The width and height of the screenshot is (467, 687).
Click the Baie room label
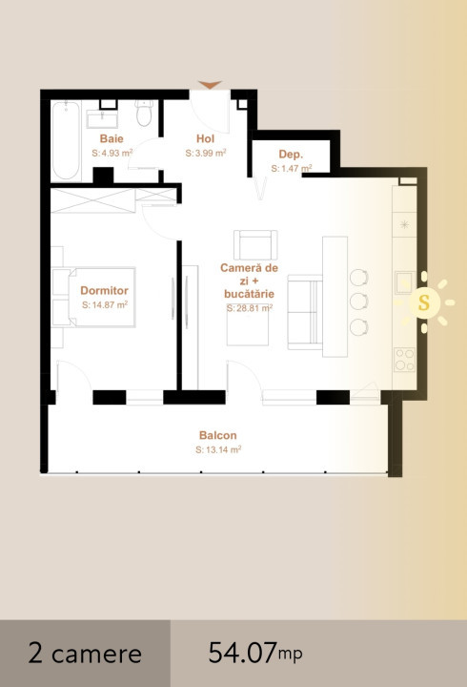tap(112, 138)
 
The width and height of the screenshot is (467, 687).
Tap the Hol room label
tap(206, 138)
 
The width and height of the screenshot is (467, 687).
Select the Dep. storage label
tap(291, 154)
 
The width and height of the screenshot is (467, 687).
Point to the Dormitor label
tap(105, 290)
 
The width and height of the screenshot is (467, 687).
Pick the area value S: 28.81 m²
tap(250, 308)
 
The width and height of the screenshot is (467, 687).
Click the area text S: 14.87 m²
tap(105, 304)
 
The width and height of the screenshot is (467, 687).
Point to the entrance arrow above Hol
tap(210, 86)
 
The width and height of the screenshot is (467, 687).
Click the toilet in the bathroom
tap(144, 114)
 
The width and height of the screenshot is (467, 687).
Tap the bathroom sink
tap(102, 117)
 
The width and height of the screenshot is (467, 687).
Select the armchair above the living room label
tap(256, 245)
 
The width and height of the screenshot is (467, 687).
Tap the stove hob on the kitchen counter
tap(404, 359)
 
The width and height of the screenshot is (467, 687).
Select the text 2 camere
tap(85, 654)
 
